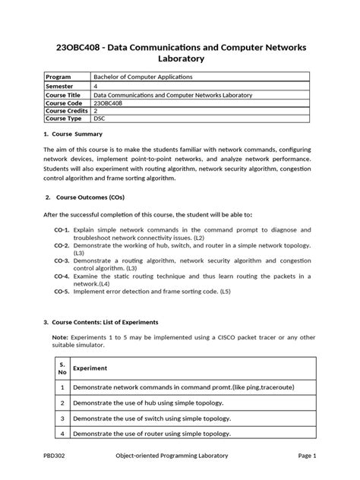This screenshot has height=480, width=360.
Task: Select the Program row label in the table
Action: pos(60,77)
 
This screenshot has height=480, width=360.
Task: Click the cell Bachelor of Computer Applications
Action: pos(143,77)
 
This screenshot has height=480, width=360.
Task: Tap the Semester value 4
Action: pos(96,86)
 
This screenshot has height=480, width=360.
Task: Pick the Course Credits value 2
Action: pos(96,111)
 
